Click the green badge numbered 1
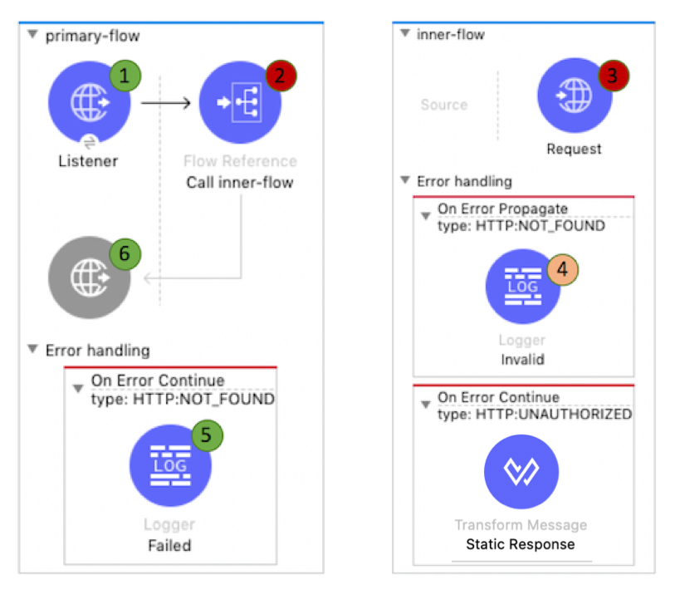pyautogui.click(x=125, y=76)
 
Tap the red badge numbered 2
pyautogui.click(x=281, y=76)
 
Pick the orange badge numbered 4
pyautogui.click(x=563, y=269)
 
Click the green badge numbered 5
pyautogui.click(x=208, y=434)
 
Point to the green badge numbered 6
pyautogui.click(x=125, y=254)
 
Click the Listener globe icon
pyautogui.click(x=88, y=104)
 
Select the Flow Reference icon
pyautogui.click(x=240, y=104)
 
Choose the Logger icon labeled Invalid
pyautogui.click(x=522, y=287)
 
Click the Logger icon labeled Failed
pyautogui.click(x=169, y=465)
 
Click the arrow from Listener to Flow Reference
pyautogui.click(x=166, y=104)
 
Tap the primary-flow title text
pyautogui.click(x=92, y=36)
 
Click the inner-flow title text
pyautogui.click(x=450, y=34)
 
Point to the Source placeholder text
pyautogui.click(x=444, y=105)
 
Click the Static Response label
pyautogui.click(x=521, y=544)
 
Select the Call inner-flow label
pyautogui.click(x=240, y=183)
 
